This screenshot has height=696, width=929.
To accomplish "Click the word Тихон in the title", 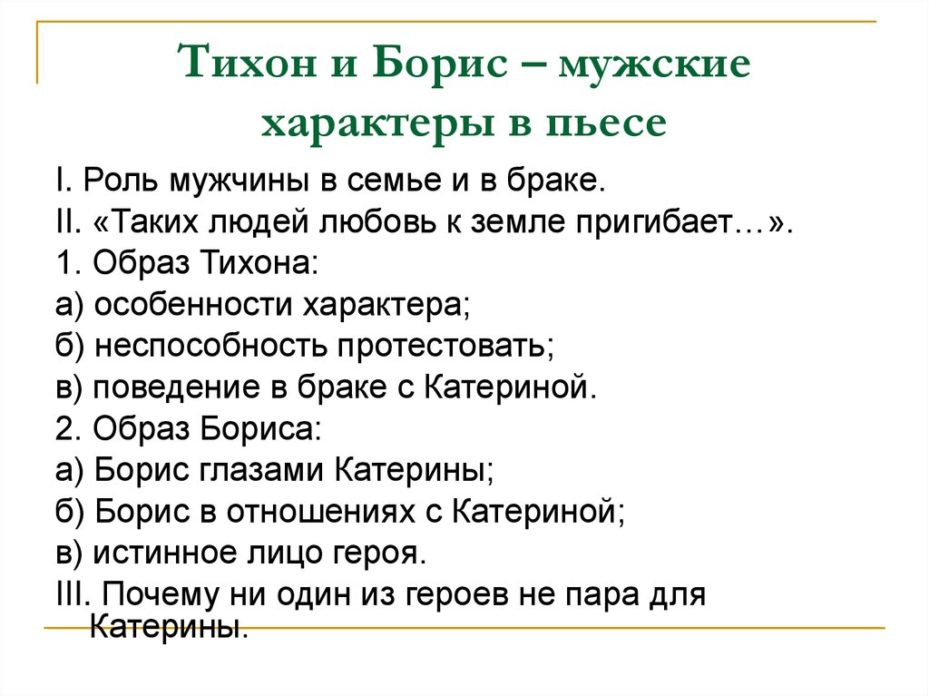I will pyautogui.click(x=240, y=68).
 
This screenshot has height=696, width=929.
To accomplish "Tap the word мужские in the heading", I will pyautogui.click(x=655, y=68).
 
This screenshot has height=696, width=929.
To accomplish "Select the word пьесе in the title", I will pyautogui.click(x=611, y=124).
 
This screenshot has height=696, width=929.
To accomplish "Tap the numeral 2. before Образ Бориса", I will pyautogui.click(x=65, y=429).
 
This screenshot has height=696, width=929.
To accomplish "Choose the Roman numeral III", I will pyautogui.click(x=71, y=594).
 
